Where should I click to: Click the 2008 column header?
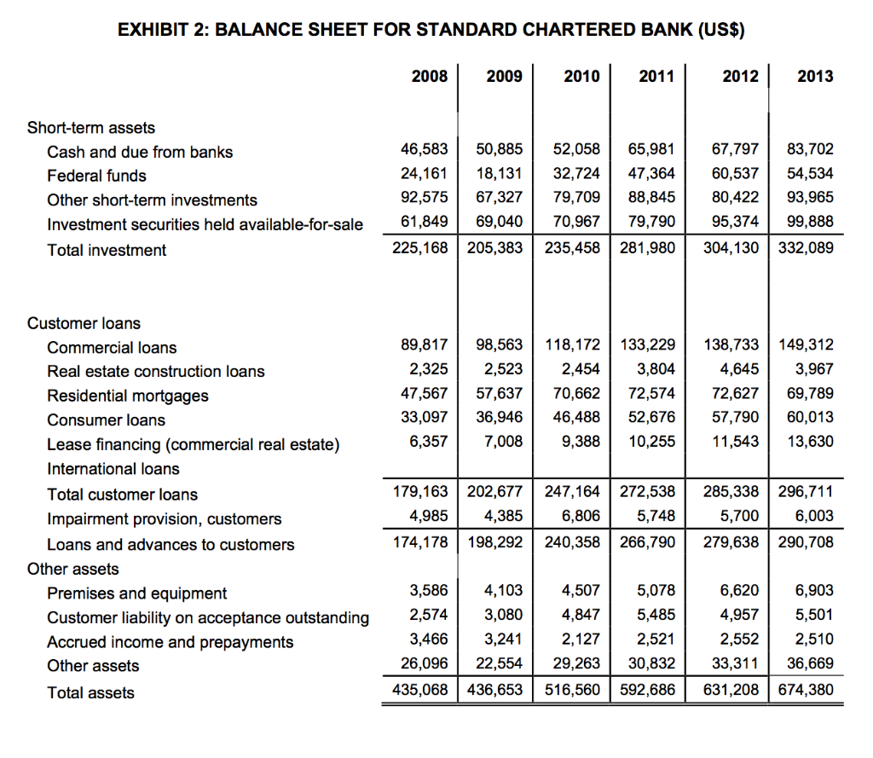429,77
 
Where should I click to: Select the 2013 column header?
815,77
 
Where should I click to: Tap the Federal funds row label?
96,176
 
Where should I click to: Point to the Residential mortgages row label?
128,396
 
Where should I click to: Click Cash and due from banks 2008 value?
425,150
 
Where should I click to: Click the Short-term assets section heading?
91,128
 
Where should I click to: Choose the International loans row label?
113,469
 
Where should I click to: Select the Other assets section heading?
73,569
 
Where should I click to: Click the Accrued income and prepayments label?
170,642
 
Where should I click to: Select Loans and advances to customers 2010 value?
572,541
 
